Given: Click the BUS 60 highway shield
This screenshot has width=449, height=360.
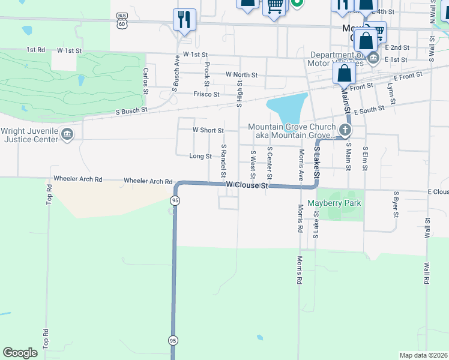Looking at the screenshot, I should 123,20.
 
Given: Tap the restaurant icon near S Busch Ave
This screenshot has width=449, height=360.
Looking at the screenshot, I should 184,19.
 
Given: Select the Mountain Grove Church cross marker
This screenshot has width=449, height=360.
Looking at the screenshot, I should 345,129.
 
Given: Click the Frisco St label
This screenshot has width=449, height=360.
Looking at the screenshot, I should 206,94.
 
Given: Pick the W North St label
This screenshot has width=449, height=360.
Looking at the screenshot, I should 241,75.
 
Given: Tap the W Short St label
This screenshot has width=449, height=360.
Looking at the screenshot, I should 208,130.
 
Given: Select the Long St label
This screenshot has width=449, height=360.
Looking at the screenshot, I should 200,156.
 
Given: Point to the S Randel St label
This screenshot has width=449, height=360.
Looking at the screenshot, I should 223,161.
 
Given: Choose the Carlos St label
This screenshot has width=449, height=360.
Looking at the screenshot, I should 145,80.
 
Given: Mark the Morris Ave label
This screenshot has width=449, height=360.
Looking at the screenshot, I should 301,164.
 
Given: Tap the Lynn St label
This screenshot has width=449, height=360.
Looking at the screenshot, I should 391,92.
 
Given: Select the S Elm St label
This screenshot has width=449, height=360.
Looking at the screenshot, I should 365,157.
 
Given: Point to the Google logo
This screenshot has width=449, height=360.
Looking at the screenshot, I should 20,353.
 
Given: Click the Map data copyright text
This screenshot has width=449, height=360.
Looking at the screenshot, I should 424,355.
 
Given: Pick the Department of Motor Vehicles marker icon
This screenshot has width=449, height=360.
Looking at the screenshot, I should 373,58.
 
